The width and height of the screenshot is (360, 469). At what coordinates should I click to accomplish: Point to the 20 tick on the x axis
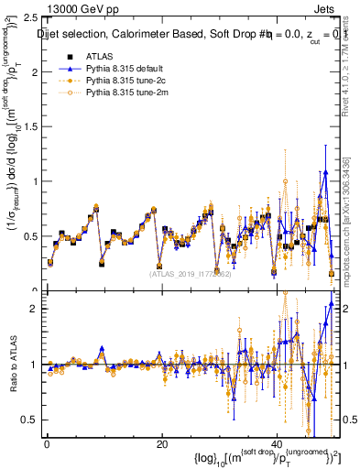pyautogui.click(x=161, y=445)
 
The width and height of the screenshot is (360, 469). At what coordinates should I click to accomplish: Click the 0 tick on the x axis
pyautogui.click(x=46, y=445)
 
